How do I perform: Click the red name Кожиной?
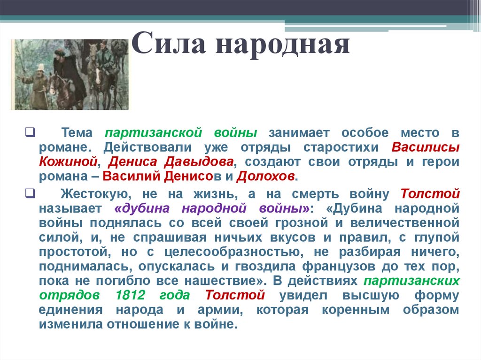tap(69, 162)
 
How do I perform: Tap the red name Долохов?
tap(266, 177)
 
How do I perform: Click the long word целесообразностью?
tap(233, 251)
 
